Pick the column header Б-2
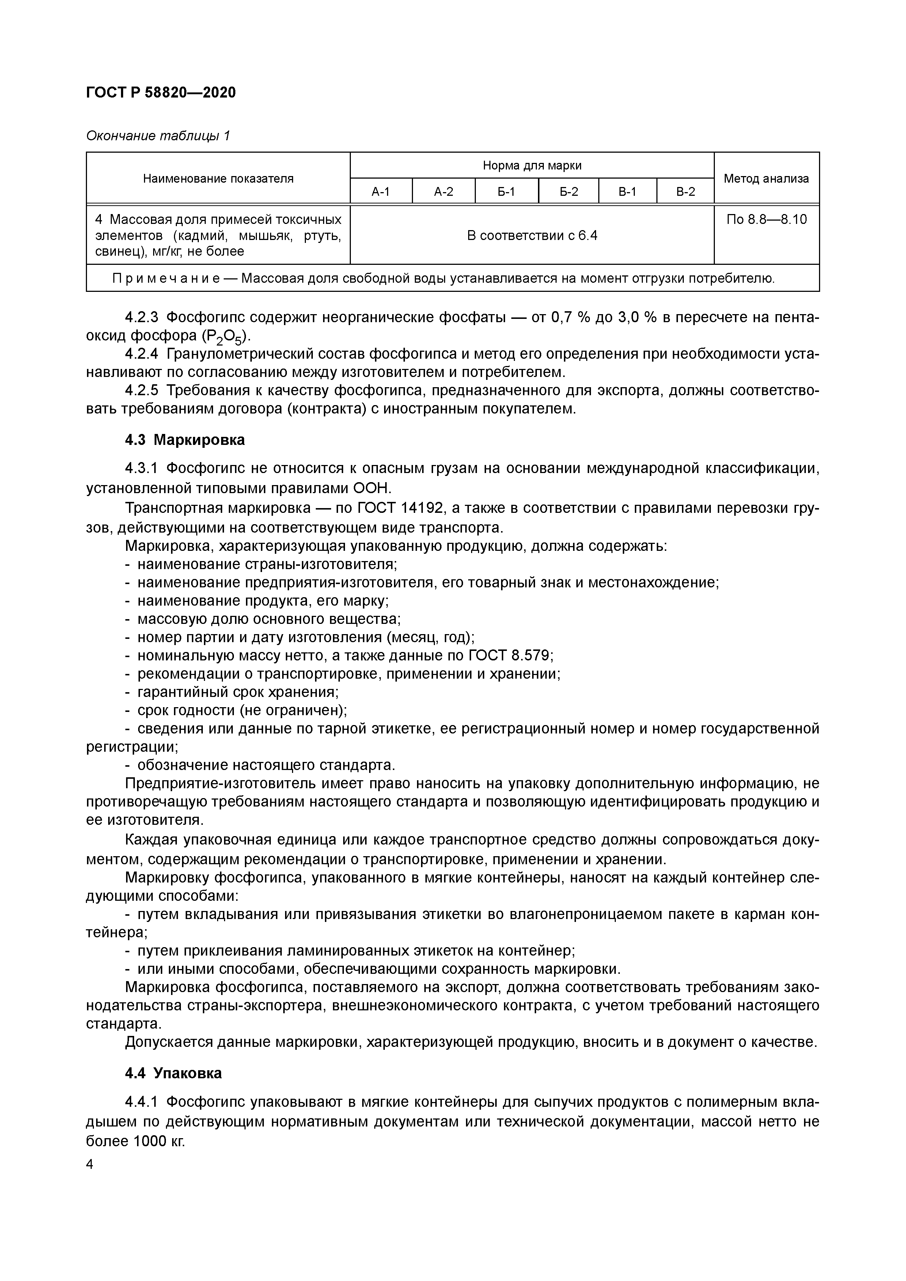tap(568, 192)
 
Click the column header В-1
tap(628, 192)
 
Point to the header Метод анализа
tap(766, 179)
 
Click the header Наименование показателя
tap(218, 179)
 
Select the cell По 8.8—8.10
tap(766, 219)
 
